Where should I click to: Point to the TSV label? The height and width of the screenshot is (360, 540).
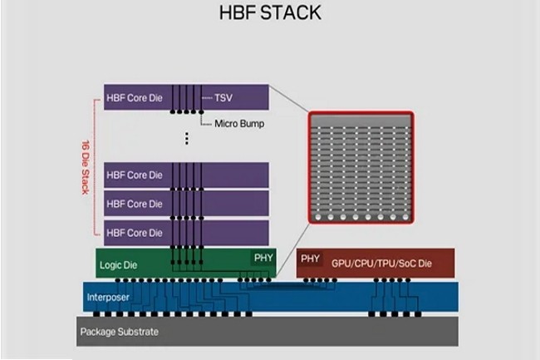(x=223, y=96)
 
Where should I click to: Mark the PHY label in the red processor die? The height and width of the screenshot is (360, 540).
(x=310, y=259)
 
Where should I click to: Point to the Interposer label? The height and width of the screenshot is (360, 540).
(x=110, y=296)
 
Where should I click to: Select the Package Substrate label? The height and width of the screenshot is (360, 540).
(x=119, y=332)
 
